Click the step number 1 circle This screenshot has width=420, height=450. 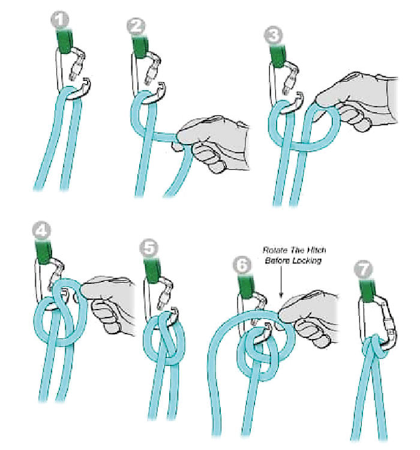tap(60, 20)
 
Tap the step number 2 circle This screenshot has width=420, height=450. tap(136, 27)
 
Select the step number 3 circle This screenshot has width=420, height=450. tap(273, 35)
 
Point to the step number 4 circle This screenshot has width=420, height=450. tap(41, 230)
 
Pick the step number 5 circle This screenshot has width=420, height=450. tap(148, 248)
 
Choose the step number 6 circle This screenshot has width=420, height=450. tap(242, 265)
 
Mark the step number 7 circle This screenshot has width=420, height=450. tap(363, 269)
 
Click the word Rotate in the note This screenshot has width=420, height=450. tap(275, 250)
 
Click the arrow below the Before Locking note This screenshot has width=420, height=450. tap(281, 281)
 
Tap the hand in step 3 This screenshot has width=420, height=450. tap(356, 101)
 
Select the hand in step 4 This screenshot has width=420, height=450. tap(107, 304)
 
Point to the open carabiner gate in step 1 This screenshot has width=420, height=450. tap(77, 65)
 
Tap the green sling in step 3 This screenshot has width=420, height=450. tap(278, 55)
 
